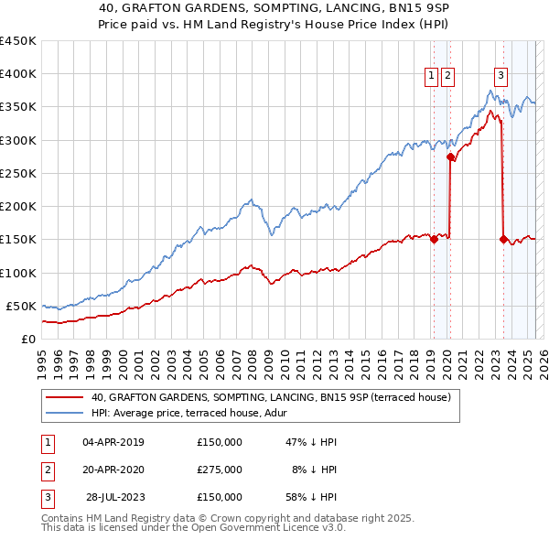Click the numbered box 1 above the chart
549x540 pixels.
pyautogui.click(x=430, y=77)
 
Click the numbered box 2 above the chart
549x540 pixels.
pyautogui.click(x=447, y=77)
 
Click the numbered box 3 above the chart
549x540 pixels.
pyautogui.click(x=501, y=77)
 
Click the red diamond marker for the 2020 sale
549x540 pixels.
pyautogui.click(x=450, y=157)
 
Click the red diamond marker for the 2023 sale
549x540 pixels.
pyautogui.click(x=503, y=239)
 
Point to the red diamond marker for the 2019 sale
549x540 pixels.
pyautogui.click(x=434, y=240)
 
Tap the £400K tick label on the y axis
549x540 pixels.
pyautogui.click(x=18, y=74)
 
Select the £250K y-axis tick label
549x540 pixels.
pyautogui.click(x=18, y=173)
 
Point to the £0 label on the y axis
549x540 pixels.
pyautogui.click(x=27, y=339)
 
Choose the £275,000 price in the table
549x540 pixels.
pyautogui.click(x=220, y=470)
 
